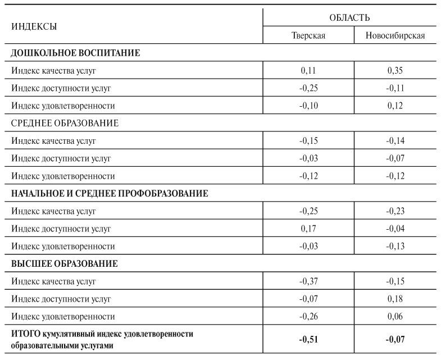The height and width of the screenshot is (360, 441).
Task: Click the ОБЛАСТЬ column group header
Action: [x=349, y=18]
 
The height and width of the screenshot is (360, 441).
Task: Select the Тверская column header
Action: [x=308, y=36]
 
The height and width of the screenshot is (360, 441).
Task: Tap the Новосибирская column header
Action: [x=395, y=36]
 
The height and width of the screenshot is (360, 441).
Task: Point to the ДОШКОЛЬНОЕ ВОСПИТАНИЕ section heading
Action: [x=75, y=53]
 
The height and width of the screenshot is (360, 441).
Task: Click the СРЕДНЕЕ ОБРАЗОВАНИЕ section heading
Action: [x=65, y=123]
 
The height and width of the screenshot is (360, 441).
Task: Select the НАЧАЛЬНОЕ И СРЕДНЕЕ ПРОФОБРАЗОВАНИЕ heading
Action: [x=110, y=193]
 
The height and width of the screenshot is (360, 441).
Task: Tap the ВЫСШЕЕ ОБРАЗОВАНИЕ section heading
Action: [x=65, y=263]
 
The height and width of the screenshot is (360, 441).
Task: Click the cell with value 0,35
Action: [x=395, y=71]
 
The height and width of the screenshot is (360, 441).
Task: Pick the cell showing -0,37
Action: [x=308, y=281]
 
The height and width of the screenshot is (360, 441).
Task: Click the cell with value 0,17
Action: [x=308, y=229]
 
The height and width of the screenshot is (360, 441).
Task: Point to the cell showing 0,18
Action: [x=395, y=298]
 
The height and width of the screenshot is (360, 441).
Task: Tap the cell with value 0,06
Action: [x=395, y=316]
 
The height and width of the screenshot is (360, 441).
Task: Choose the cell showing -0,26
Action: [x=308, y=316]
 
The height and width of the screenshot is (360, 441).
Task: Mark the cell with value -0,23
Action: [x=395, y=211]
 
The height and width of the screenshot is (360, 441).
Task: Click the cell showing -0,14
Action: [x=395, y=141]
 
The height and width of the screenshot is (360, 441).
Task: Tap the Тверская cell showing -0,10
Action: [x=308, y=106]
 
